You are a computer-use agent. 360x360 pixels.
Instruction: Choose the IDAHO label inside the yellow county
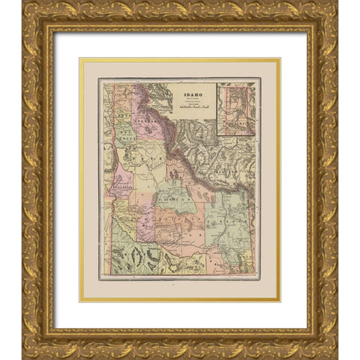139,161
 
